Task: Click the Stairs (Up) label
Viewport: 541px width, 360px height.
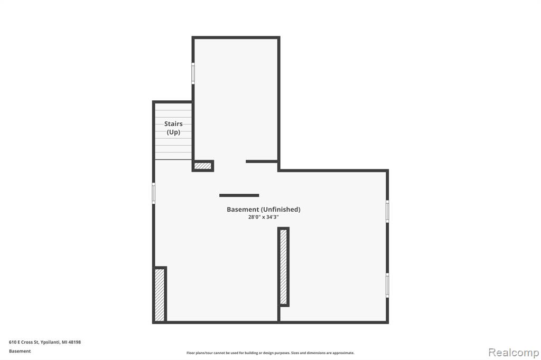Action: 173,128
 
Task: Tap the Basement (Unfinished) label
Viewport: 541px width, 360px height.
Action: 264,210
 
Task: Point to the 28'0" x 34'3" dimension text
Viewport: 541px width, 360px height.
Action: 263,217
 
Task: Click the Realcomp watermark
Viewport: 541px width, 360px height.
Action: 514,353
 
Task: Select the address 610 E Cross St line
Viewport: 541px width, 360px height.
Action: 45,342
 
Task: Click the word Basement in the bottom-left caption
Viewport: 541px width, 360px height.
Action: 20,351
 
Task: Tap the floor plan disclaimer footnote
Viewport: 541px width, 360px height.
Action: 270,353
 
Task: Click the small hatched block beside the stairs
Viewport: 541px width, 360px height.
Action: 203,166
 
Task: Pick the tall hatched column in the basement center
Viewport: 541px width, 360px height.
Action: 284,267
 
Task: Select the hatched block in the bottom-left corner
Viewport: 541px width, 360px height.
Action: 160,295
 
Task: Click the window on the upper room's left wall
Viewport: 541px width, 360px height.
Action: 193,73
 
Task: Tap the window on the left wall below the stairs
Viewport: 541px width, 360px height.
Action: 154,193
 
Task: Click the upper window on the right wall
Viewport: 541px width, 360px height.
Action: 387,211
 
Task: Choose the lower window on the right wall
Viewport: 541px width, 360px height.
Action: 387,285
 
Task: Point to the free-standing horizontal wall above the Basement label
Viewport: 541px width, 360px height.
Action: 239,195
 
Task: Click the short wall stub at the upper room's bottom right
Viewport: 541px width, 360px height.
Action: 262,162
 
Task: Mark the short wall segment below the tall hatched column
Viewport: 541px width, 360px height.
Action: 279,314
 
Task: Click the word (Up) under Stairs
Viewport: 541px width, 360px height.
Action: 173,132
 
